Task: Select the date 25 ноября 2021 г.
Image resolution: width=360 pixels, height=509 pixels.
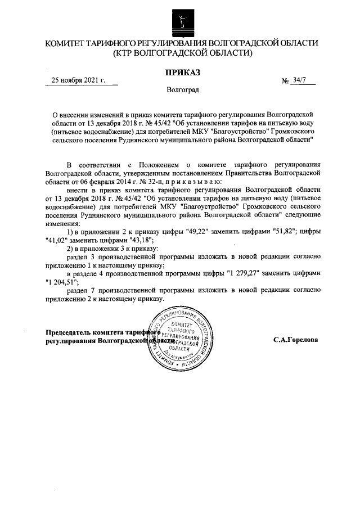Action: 78,80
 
